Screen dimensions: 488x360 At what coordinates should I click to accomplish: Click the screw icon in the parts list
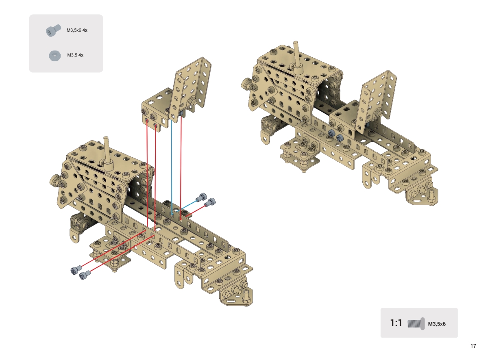click(x=53, y=30)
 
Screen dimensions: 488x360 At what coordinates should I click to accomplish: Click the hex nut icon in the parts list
click(x=55, y=56)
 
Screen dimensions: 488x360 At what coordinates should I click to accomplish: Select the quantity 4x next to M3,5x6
click(x=85, y=30)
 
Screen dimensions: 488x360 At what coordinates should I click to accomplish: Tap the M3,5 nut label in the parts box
click(x=75, y=55)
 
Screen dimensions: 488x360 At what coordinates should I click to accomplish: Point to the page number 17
click(x=473, y=346)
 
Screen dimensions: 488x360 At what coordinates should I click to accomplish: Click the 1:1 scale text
click(x=396, y=323)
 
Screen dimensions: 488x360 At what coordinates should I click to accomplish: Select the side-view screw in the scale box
click(x=416, y=324)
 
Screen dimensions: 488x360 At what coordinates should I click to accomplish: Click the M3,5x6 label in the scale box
click(x=437, y=324)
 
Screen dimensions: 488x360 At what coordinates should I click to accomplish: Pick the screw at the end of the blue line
click(x=201, y=197)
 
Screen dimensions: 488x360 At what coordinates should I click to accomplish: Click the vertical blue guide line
click(x=172, y=167)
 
